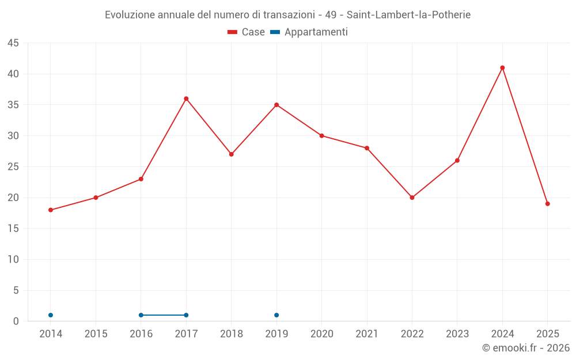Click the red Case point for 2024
click(502, 67)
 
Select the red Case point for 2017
click(186, 98)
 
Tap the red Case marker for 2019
click(276, 105)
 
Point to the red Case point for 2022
click(412, 198)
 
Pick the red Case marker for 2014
click(51, 210)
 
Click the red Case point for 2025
click(547, 204)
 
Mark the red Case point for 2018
click(232, 154)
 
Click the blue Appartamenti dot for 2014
click(51, 315)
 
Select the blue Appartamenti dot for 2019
click(276, 315)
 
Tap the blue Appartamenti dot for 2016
click(141, 315)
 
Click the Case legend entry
click(246, 32)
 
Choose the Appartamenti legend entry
click(309, 32)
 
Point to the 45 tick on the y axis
click(13, 43)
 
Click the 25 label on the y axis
click(13, 167)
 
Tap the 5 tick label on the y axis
click(16, 290)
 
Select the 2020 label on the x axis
click(322, 334)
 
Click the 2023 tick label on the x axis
click(457, 334)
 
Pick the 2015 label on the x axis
click(96, 334)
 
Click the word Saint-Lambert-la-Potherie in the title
click(408, 15)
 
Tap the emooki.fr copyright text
click(526, 348)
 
